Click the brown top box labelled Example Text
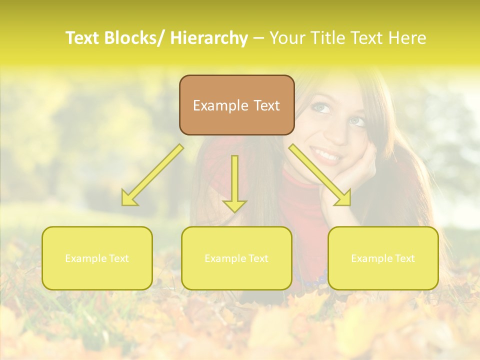tap(236, 105)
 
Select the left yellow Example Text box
tap(97, 258)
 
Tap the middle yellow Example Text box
tap(236, 258)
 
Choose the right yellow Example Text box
tap(383, 258)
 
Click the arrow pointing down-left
tap(152, 175)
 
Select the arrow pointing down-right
tap(320, 175)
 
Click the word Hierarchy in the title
tap(209, 38)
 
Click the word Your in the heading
tap(286, 38)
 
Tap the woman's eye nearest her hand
tap(356, 121)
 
